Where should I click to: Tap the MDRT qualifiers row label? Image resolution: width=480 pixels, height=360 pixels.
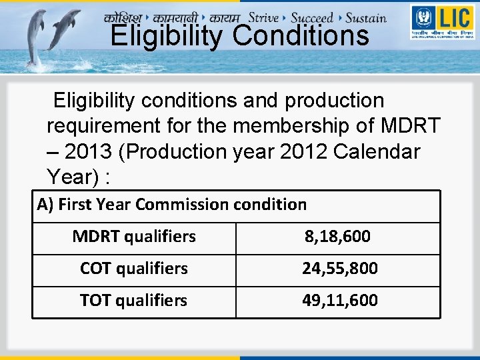pos(134,236)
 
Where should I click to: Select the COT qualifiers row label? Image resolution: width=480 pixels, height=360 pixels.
pos(134,268)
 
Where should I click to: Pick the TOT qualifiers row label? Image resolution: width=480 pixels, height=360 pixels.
pos(134,300)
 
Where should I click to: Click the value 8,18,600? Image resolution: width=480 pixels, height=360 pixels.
pos(337,236)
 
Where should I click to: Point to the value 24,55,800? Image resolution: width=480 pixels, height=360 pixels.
pos(340,268)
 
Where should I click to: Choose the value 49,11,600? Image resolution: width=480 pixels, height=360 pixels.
pos(340,300)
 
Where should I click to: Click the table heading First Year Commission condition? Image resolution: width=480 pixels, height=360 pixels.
pos(172,204)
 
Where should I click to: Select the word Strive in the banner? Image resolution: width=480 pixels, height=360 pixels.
pos(263,17)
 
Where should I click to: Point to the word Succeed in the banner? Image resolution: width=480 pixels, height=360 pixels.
pos(311,17)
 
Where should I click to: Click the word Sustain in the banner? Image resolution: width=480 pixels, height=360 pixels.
pos(366,17)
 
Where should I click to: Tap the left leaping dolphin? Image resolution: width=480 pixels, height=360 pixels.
pos(35,37)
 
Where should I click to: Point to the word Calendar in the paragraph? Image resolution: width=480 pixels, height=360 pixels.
pos(377,151)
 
